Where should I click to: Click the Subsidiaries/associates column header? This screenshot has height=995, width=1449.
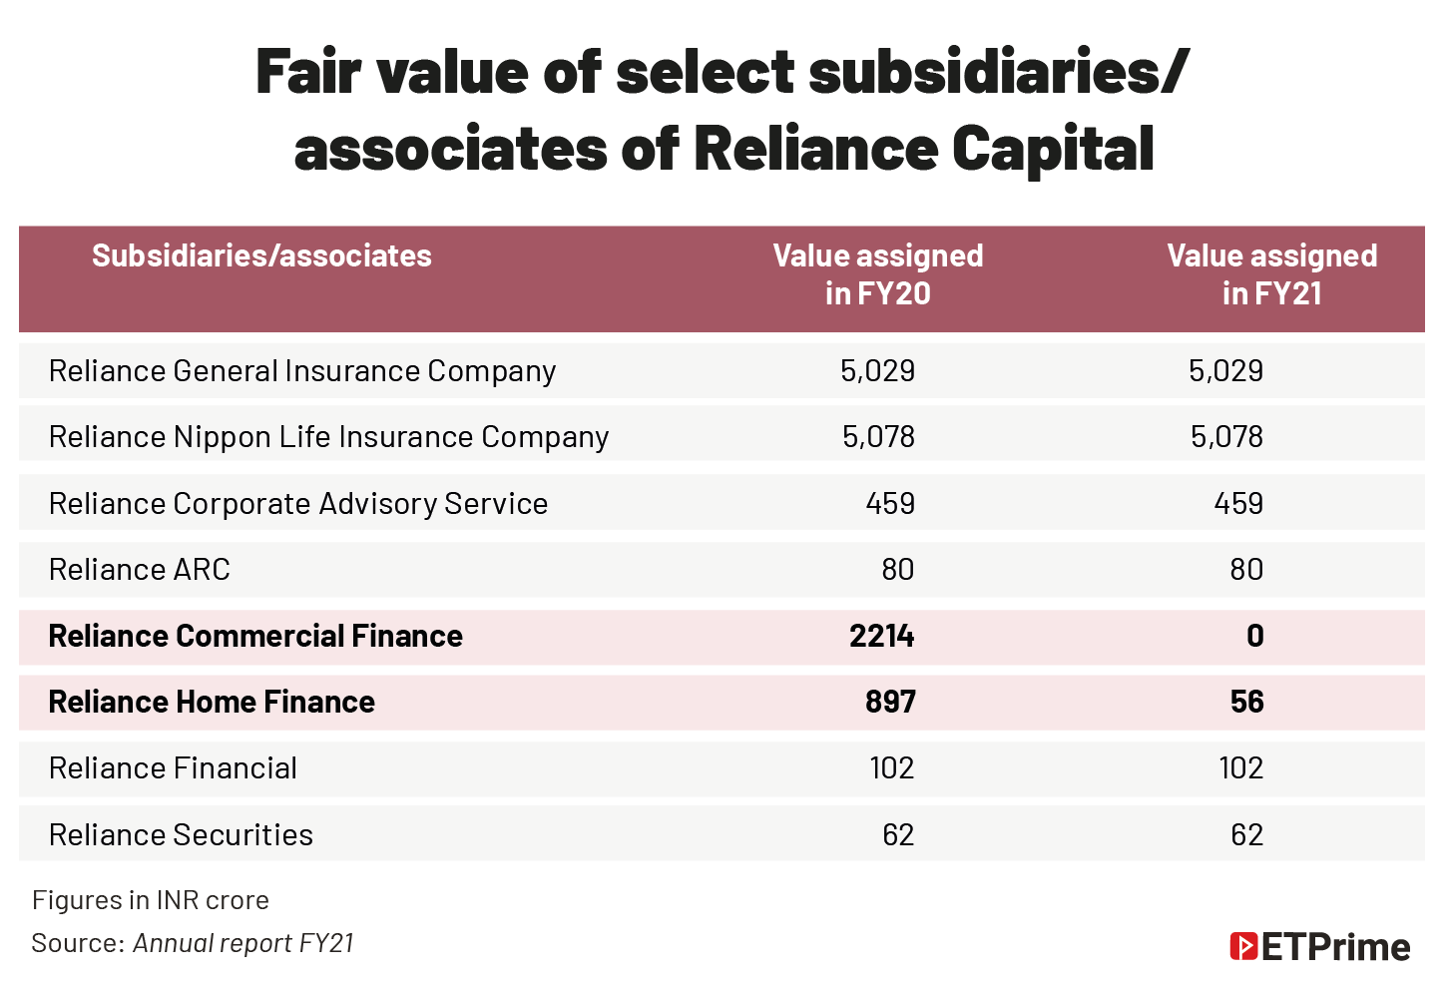coord(261,256)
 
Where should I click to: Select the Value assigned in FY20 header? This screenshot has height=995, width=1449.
coord(877,274)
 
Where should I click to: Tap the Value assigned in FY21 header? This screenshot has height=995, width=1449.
coord(1271,274)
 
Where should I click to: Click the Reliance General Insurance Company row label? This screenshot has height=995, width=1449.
coord(301,371)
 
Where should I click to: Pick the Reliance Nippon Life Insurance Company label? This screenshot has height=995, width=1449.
coord(328,437)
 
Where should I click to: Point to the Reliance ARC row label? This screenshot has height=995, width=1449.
coord(140,570)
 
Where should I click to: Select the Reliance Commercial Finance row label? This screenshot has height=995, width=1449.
coord(255,637)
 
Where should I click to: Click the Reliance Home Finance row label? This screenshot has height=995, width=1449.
coord(212,703)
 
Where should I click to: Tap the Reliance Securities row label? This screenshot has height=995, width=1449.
coord(181,835)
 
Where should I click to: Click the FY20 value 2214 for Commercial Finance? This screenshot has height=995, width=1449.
coord(881,637)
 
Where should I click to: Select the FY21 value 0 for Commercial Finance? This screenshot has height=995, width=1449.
coord(1254,637)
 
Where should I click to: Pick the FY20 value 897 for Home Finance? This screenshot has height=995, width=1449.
coord(889,703)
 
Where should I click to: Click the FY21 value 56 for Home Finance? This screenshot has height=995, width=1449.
coord(1246,703)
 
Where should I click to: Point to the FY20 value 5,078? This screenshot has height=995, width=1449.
coord(878,437)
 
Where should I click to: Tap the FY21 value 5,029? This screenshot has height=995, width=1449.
coord(1225,371)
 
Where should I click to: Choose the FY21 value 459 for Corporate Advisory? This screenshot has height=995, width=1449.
coord(1238,504)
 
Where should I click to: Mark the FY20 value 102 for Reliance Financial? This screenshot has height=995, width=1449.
coord(891,768)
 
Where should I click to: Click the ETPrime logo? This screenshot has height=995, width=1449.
coord(1319,946)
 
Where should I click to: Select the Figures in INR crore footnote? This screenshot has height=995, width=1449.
coord(151,900)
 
